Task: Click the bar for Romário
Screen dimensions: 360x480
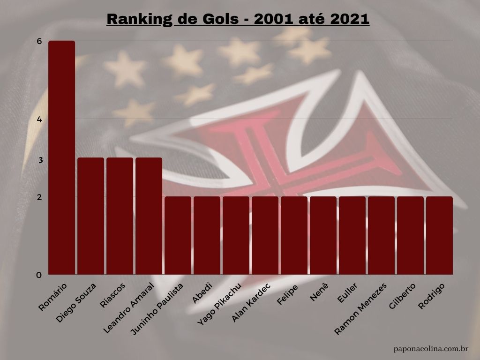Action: [61, 157]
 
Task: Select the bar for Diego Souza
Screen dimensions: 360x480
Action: [90, 216]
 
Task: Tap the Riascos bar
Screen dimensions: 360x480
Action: [120, 216]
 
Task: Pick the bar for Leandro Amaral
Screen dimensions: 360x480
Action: [149, 216]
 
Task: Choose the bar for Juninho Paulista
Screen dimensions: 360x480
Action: [178, 235]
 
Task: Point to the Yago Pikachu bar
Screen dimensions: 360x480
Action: [236, 235]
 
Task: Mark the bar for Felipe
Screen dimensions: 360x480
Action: [294, 235]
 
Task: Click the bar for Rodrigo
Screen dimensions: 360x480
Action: [439, 235]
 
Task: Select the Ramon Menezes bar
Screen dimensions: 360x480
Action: [381, 235]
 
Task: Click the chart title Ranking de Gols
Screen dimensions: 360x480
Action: [238, 20]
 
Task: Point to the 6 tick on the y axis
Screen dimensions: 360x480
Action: [39, 41]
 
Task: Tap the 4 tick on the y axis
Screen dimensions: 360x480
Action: [39, 120]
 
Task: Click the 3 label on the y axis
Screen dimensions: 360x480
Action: [41, 160]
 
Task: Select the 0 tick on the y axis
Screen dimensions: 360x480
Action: [39, 275]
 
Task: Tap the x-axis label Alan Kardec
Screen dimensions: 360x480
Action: [251, 302]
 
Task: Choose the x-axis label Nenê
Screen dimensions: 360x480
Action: [320, 292]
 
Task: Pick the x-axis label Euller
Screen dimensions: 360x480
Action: [349, 293]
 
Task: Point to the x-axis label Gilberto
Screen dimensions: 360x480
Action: [403, 296]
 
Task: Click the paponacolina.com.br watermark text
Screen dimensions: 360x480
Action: [432, 349]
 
